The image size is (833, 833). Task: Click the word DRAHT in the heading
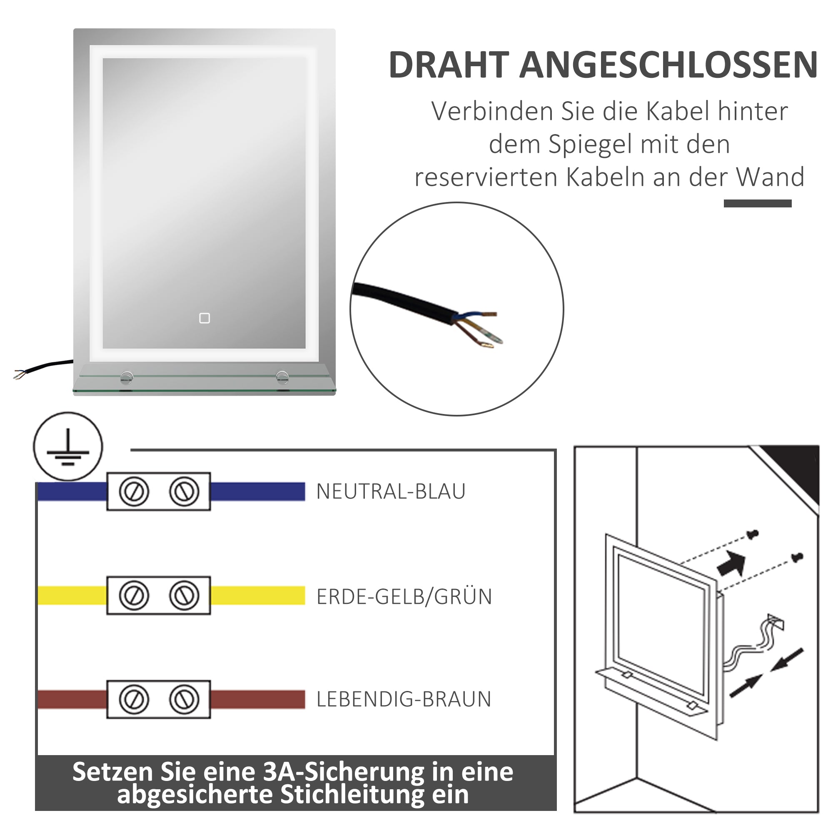(x=449, y=65)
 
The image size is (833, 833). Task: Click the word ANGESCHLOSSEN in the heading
(x=668, y=65)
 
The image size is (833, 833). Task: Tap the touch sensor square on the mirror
(x=205, y=318)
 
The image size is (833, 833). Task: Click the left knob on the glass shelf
(x=127, y=377)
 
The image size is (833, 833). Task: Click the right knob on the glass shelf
(x=282, y=377)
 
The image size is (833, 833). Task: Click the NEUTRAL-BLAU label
(x=391, y=491)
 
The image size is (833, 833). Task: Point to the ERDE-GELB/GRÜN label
(x=404, y=597)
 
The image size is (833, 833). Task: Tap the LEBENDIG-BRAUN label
(x=404, y=699)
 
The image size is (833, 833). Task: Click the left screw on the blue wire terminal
(x=134, y=491)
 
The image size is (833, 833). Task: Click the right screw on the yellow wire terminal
(x=184, y=596)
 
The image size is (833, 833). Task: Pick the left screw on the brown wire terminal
(x=134, y=699)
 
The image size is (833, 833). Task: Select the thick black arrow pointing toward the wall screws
(x=732, y=564)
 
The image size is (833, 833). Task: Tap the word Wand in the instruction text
(x=770, y=177)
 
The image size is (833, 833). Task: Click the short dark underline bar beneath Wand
(x=758, y=204)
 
